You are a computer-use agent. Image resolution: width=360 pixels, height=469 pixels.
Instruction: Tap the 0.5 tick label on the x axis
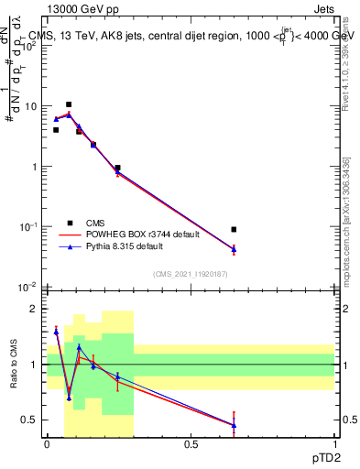click(x=191, y=443)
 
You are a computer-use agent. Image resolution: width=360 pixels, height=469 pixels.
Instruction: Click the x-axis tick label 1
click(x=334, y=443)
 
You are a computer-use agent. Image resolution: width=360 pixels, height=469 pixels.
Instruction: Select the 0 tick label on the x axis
click(x=47, y=443)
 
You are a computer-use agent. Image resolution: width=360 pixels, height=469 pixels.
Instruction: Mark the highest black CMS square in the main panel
click(x=69, y=104)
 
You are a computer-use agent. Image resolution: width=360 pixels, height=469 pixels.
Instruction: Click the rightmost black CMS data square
click(x=234, y=229)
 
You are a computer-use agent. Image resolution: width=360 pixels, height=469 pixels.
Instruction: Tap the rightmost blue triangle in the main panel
click(x=234, y=248)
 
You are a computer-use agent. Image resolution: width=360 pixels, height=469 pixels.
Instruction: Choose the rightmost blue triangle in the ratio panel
click(x=234, y=425)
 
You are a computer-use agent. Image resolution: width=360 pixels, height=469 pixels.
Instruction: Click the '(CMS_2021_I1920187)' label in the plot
click(x=191, y=274)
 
